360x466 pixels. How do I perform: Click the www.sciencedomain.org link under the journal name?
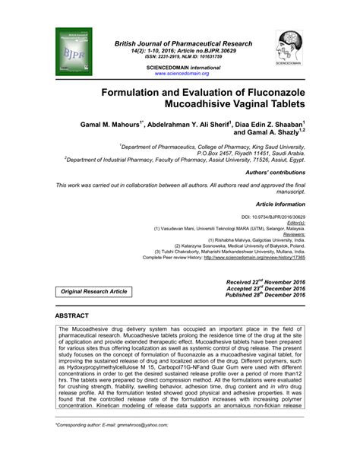pos(182,74)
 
